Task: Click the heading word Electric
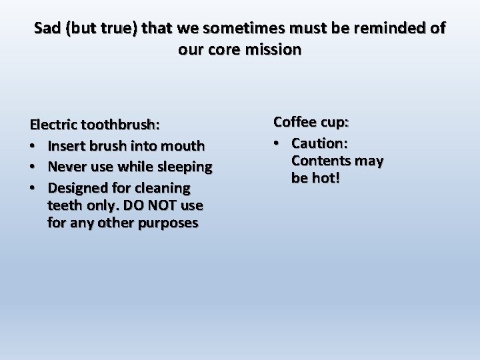[x=54, y=125]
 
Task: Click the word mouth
[x=184, y=145]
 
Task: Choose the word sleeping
[x=185, y=166]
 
